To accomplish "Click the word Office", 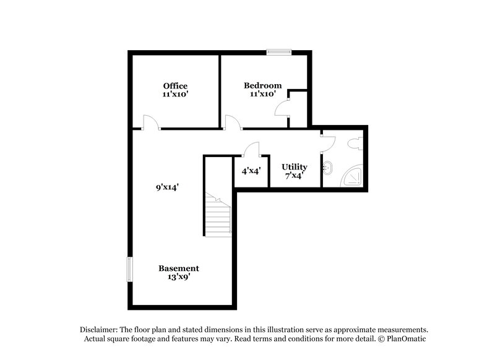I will pos(175,85).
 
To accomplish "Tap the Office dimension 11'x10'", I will pos(175,95).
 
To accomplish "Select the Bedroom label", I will pos(262,85).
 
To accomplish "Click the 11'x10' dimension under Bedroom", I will pos(262,95).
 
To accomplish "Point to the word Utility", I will pos(294,167).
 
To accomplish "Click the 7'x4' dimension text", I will pos(294,176).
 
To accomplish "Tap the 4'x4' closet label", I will pos(251,171).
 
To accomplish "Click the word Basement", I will pos(179,268).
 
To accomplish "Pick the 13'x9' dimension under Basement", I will pos(179,277).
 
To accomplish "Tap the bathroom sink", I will pos(328,167).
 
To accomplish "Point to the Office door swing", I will pos(150,122).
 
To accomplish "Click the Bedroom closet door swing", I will pos(282,108).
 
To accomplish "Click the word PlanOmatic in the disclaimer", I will pos(406,339).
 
